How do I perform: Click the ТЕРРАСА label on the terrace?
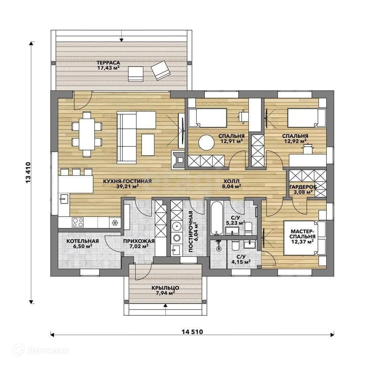pos(108,63)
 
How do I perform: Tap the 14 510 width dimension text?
pos(192,332)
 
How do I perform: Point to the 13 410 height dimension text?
pos(28,172)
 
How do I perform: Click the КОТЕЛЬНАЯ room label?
pos(83,241)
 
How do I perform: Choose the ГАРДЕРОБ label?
pos(303,187)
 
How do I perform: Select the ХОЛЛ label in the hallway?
pos(232,181)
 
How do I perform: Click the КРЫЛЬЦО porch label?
pos(165,288)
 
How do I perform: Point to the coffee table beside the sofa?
pos(148,145)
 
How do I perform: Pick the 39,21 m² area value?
pos(127,186)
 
